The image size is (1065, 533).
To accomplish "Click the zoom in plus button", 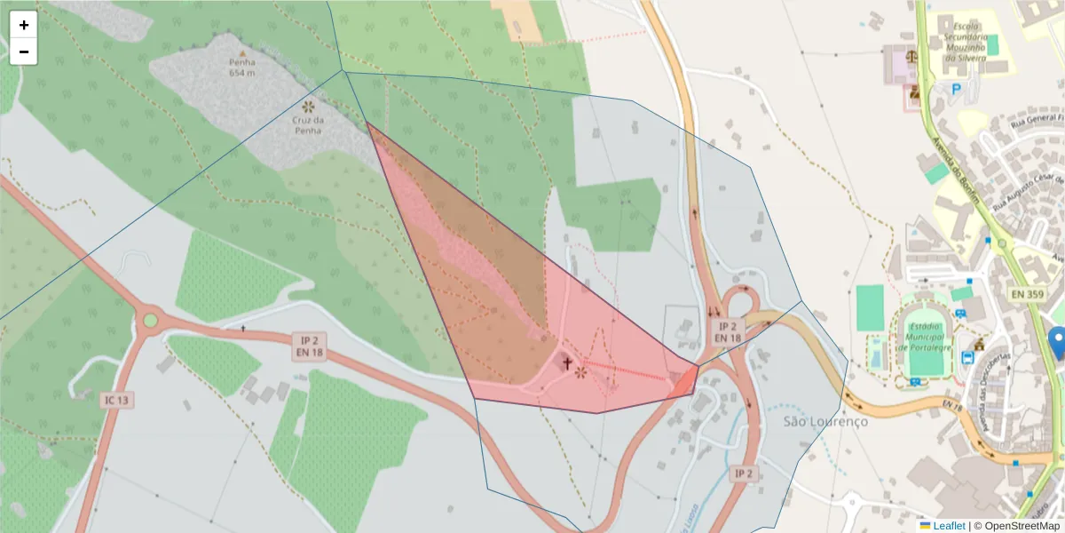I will [x=24, y=25].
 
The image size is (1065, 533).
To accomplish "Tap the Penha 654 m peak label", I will [x=241, y=67].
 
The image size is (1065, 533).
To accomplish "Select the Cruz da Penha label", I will [x=307, y=124].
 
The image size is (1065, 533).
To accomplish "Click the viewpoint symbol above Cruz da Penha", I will [x=308, y=106].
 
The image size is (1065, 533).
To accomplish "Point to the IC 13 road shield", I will [x=116, y=401].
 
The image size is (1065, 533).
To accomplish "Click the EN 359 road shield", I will [x=1028, y=292].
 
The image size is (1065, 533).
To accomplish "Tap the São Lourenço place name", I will [x=825, y=421].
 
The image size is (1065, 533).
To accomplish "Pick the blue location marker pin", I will [x=1056, y=342].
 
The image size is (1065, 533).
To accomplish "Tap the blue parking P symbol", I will [x=956, y=89].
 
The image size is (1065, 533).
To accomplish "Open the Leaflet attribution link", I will [x=948, y=526].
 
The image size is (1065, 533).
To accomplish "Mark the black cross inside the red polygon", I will [x=567, y=363].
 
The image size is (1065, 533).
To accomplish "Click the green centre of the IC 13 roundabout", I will [x=150, y=320].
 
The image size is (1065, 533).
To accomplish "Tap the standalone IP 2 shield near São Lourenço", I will [x=743, y=473].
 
